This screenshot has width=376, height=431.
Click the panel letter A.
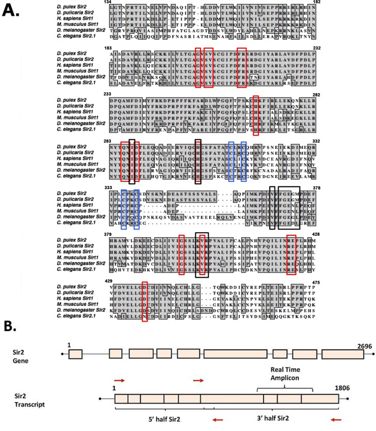click(x=11, y=10)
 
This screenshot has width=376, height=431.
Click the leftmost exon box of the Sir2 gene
click(x=76, y=354)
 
